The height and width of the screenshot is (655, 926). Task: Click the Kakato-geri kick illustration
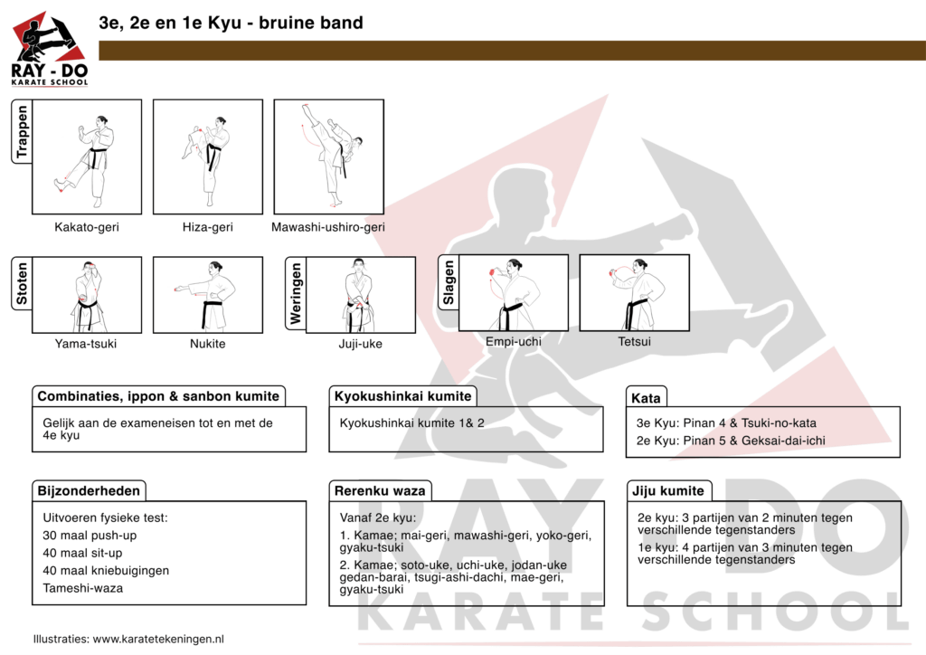point(87,156)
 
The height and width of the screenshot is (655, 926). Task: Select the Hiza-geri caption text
point(207,227)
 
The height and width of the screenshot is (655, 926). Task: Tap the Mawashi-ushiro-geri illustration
point(329,156)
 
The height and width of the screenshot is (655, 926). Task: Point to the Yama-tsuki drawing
point(87,295)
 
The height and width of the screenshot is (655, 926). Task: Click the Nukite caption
point(207,343)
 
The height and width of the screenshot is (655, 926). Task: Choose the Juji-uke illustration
point(360,295)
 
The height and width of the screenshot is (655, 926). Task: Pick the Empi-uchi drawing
point(514,293)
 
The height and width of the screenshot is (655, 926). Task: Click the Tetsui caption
point(634,342)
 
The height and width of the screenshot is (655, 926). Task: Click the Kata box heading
point(647,398)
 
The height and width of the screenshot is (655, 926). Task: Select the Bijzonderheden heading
point(89,491)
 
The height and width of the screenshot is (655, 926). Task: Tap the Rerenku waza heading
point(379,491)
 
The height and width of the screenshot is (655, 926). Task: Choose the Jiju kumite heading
point(670,491)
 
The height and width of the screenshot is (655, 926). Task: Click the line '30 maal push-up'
point(90,536)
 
